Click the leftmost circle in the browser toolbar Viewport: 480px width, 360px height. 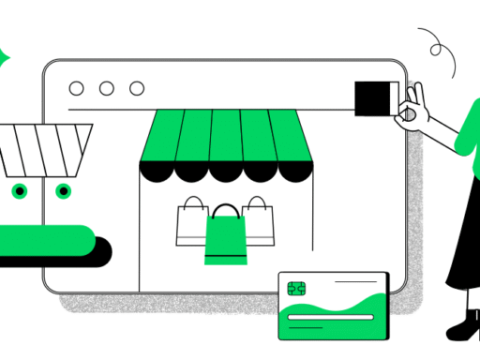(77, 89)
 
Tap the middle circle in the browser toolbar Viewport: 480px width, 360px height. (107, 89)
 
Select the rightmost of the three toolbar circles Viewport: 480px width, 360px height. (137, 89)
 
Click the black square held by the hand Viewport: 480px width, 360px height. (374, 98)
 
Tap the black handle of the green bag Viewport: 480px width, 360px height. (225, 211)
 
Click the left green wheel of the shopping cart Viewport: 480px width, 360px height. (19, 191)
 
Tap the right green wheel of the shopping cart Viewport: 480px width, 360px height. (63, 191)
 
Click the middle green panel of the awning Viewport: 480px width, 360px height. (225, 136)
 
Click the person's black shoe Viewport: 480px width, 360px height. (463, 329)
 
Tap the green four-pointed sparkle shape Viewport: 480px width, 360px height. (4, 56)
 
